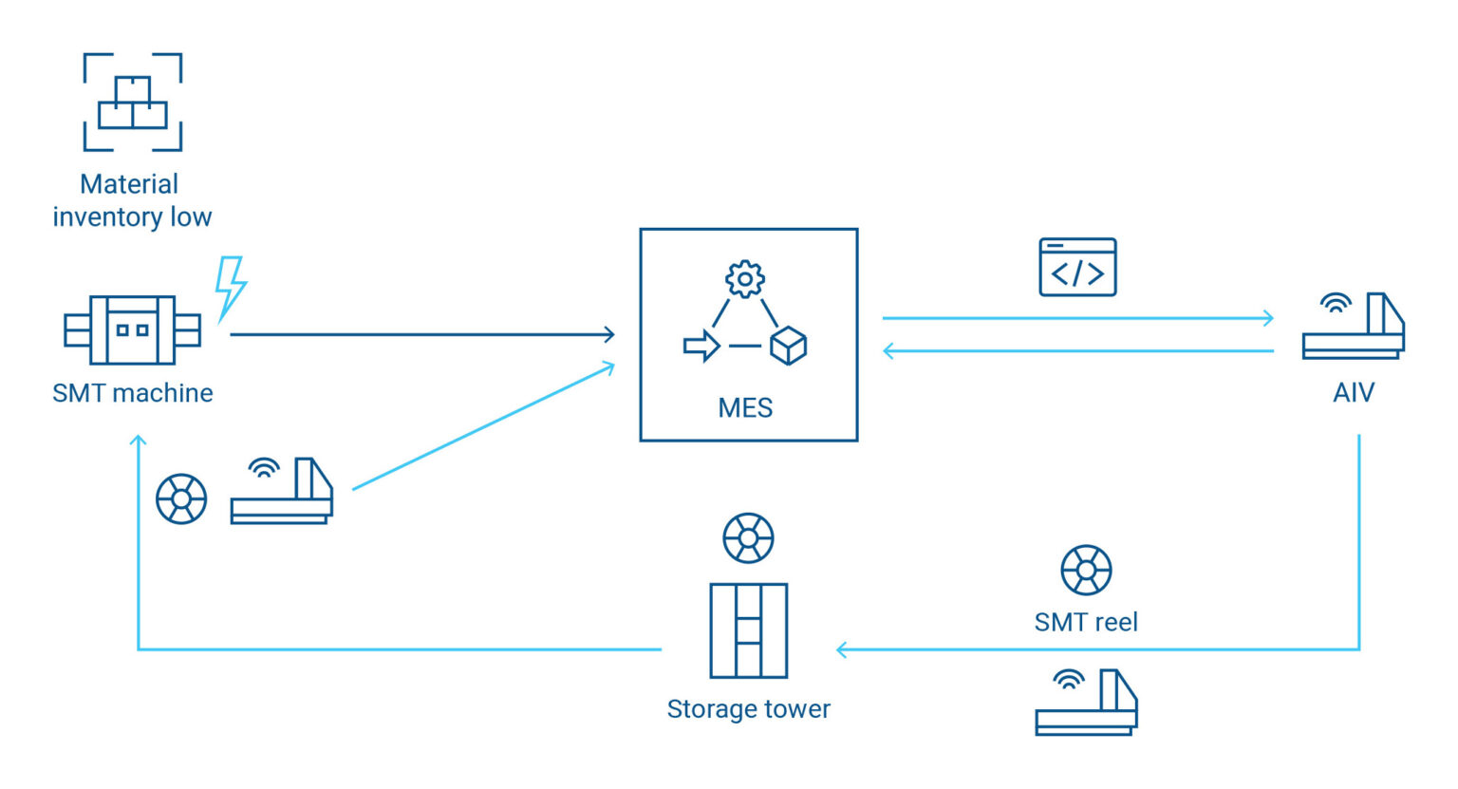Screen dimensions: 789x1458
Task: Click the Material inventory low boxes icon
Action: pyautogui.click(x=132, y=103)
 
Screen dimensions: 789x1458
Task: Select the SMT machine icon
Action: pyautogui.click(x=132, y=330)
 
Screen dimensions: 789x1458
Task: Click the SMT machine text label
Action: pyautogui.click(x=132, y=393)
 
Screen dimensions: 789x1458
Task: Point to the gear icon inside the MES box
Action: pyautogui.click(x=745, y=279)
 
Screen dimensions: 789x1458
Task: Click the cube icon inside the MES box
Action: pyautogui.click(x=788, y=346)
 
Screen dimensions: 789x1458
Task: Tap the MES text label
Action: pyautogui.click(x=745, y=408)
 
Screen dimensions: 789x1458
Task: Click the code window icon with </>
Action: pyautogui.click(x=1077, y=268)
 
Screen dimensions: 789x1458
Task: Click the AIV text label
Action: pyautogui.click(x=1353, y=393)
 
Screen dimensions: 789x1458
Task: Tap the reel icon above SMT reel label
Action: pyautogui.click(x=1086, y=570)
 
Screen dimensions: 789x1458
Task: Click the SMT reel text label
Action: pyautogui.click(x=1086, y=623)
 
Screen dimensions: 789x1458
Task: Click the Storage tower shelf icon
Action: pyautogui.click(x=748, y=630)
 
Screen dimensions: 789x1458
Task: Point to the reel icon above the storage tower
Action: pyautogui.click(x=748, y=538)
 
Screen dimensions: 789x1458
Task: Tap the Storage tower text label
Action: pyautogui.click(x=748, y=709)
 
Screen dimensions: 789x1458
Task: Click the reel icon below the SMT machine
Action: pyautogui.click(x=181, y=498)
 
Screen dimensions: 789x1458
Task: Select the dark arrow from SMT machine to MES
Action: pyautogui.click(x=422, y=334)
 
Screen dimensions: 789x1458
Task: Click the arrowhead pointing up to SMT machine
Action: pyautogui.click(x=139, y=441)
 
